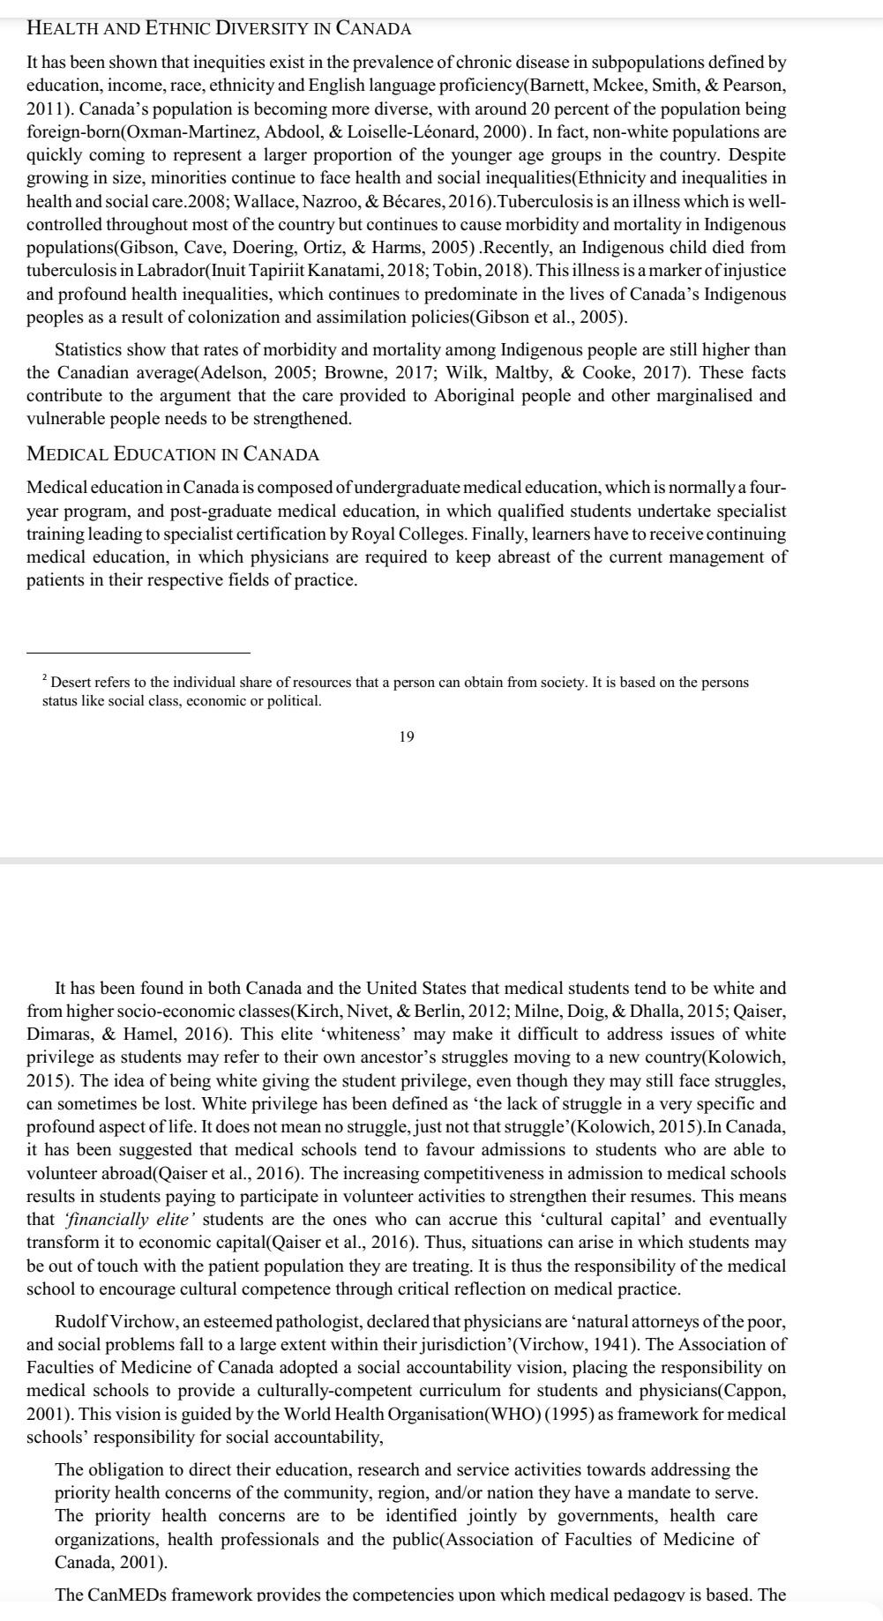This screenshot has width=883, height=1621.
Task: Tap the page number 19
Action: tap(407, 736)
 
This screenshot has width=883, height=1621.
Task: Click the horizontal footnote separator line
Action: tap(138, 654)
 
